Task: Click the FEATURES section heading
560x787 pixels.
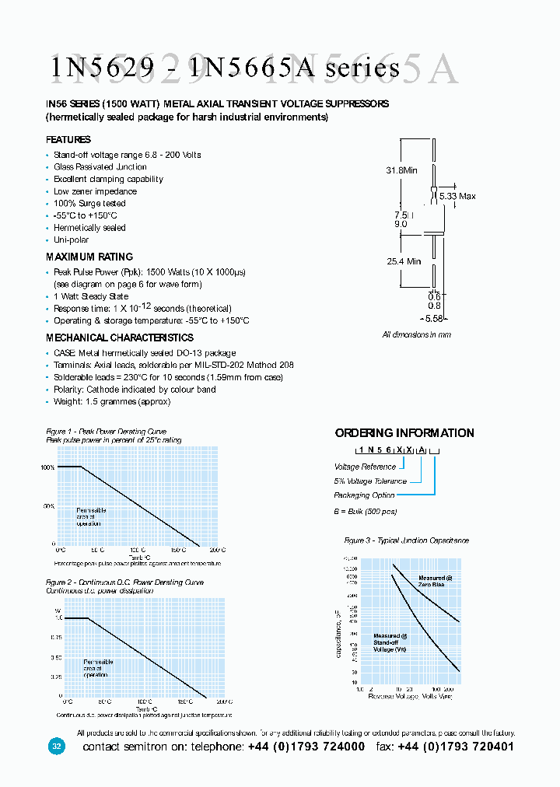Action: [x=68, y=140]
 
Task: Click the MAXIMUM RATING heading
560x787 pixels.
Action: [x=89, y=257]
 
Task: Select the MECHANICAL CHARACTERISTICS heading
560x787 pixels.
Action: [x=120, y=338]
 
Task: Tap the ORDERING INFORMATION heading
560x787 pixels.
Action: [x=404, y=433]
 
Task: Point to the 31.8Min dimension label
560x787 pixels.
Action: [x=402, y=170]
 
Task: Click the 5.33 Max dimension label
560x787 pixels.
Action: [x=457, y=197]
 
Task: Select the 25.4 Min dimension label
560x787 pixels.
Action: [x=404, y=261]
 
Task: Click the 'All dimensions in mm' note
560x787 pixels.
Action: [x=416, y=334]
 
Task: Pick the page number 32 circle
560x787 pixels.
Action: [x=56, y=747]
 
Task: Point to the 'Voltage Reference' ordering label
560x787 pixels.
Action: [x=365, y=467]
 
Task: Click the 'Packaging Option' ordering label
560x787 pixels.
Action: [x=364, y=495]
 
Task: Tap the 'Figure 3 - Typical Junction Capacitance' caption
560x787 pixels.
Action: [x=407, y=540]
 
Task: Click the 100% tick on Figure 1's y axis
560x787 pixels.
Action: [x=47, y=467]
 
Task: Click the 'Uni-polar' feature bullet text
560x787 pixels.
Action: [x=71, y=240]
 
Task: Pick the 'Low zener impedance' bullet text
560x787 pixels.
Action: [x=95, y=191]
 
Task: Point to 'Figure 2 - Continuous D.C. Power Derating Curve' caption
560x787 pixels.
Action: [x=124, y=582]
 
